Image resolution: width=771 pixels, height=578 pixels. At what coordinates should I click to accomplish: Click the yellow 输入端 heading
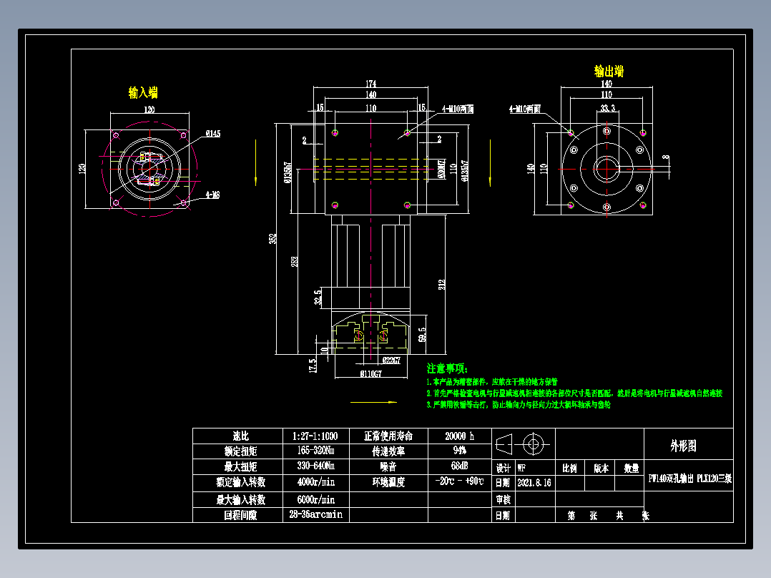[x=142, y=92]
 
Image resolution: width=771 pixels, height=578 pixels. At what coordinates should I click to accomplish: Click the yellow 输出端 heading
[x=609, y=72]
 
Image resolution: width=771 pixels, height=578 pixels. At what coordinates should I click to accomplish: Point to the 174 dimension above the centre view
[x=370, y=84]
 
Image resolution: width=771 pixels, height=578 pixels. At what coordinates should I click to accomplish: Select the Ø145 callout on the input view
[x=212, y=134]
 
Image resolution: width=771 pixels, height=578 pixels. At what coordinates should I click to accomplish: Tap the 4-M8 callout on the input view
[x=212, y=194]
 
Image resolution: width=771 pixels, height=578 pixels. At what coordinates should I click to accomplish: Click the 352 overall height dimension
[x=272, y=238]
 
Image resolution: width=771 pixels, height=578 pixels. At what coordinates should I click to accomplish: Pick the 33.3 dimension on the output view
[x=607, y=108]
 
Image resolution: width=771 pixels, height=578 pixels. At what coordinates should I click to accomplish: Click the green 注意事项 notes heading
[x=447, y=368]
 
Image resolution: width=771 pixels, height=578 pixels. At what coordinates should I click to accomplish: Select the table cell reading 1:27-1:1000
[x=315, y=436]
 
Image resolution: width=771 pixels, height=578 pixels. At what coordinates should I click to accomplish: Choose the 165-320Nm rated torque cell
[x=315, y=451]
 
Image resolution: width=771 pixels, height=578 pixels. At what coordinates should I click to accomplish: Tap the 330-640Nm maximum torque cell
[x=315, y=466]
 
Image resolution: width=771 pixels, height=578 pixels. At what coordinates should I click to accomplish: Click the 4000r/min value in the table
[x=315, y=482]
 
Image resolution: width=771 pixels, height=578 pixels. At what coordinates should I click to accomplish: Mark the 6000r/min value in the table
[x=315, y=499]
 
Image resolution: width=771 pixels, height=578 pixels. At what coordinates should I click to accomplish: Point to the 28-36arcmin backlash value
[x=315, y=514]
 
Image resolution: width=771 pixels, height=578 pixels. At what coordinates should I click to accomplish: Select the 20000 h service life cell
[x=459, y=436]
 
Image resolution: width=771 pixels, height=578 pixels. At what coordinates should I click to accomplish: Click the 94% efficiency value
[x=459, y=451]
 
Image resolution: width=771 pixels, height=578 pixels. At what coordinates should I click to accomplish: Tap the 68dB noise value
[x=459, y=466]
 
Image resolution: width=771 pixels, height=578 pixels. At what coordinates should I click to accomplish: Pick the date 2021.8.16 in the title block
[x=534, y=483]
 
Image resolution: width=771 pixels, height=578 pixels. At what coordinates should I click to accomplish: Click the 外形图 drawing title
[x=682, y=446]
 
